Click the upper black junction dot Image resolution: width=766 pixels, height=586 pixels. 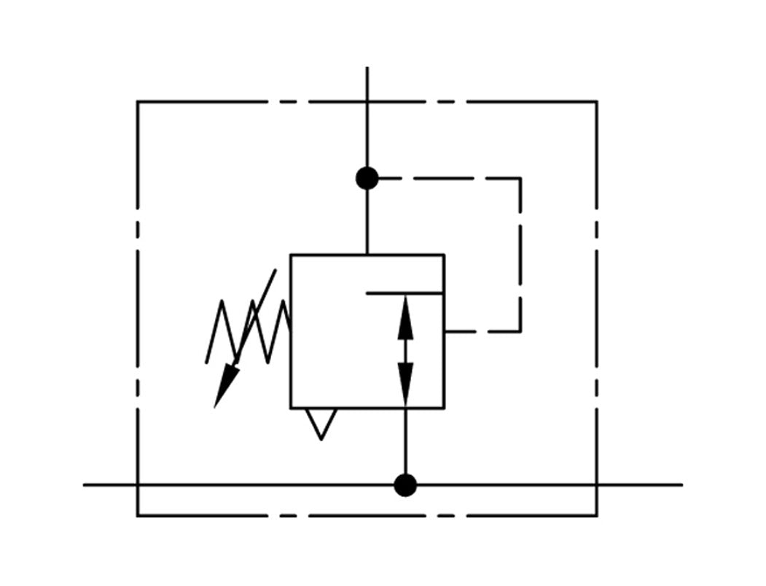click(x=367, y=178)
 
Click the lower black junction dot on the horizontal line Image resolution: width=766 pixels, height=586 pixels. click(x=405, y=485)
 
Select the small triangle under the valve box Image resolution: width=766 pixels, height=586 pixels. click(x=321, y=422)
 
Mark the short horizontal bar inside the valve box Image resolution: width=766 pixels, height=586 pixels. click(x=405, y=293)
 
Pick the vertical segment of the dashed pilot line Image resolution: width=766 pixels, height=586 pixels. click(x=520, y=255)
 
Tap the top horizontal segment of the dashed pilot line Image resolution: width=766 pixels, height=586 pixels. click(x=445, y=178)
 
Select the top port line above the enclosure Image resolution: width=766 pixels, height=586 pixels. click(x=367, y=84)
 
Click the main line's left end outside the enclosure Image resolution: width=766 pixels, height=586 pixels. click(x=109, y=485)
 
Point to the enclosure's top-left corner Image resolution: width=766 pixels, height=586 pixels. click(x=138, y=102)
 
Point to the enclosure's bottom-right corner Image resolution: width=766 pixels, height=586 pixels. click(x=597, y=515)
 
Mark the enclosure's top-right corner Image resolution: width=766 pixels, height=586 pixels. click(x=597, y=102)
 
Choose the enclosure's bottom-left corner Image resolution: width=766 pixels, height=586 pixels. click(x=138, y=515)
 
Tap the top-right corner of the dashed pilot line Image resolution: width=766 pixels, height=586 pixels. click(x=520, y=178)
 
